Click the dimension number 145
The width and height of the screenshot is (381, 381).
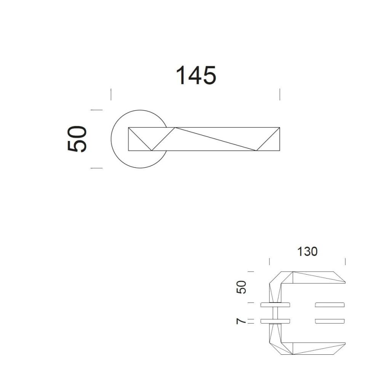(x=196, y=75)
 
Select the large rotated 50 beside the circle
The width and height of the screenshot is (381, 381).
(x=77, y=139)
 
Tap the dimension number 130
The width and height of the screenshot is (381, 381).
(x=307, y=252)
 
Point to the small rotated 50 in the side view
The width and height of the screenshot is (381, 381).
(x=241, y=287)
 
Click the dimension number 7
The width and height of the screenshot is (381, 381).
(x=241, y=321)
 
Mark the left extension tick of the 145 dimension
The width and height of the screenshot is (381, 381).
(x=111, y=94)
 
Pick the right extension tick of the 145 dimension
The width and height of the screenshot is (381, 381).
(x=280, y=94)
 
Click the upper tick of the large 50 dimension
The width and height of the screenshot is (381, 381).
(x=97, y=110)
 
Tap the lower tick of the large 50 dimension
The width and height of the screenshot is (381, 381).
(x=97, y=168)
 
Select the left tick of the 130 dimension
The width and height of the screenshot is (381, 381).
(x=269, y=262)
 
